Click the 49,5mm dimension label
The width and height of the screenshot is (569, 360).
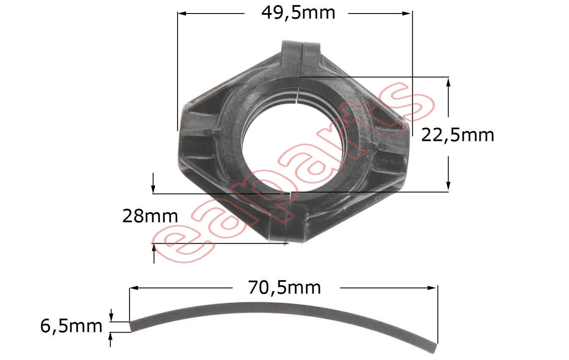(x=298, y=13)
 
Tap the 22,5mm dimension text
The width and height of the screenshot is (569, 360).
(x=458, y=135)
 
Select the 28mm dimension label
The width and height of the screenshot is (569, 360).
(x=150, y=217)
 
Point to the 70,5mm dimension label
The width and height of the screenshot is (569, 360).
(x=284, y=288)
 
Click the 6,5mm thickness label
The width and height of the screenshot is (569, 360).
(x=71, y=327)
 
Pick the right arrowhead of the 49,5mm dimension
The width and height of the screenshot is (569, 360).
(x=408, y=14)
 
